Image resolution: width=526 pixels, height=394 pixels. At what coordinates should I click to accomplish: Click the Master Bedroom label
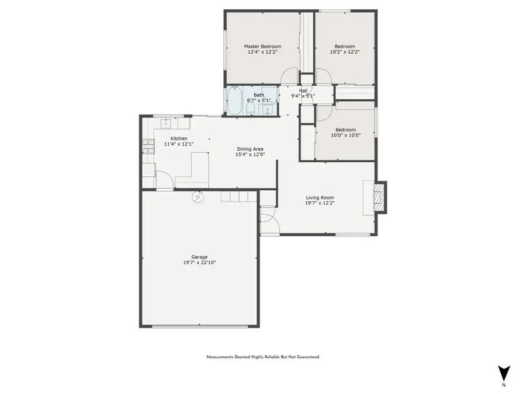click(x=262, y=46)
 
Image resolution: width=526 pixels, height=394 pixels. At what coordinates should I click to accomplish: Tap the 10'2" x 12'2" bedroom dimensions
click(x=344, y=52)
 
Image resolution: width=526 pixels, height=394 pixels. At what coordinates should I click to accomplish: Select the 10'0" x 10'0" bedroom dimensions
click(x=345, y=135)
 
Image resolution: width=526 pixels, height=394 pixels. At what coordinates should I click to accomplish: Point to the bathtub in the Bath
click(x=235, y=100)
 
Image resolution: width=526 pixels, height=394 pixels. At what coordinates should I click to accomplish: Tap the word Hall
click(x=303, y=90)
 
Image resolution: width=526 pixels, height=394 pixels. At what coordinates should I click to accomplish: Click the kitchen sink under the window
click(x=167, y=123)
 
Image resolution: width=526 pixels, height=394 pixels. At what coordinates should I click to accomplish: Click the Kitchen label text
click(x=178, y=138)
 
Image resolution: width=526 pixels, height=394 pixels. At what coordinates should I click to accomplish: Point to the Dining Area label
click(x=250, y=149)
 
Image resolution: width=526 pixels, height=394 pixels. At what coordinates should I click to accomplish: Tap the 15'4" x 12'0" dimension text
click(x=250, y=155)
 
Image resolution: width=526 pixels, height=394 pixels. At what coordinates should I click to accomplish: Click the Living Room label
click(x=320, y=198)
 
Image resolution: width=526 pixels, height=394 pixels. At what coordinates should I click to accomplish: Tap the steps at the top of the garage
click(x=238, y=197)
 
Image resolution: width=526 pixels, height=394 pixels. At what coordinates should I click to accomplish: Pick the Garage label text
click(x=199, y=257)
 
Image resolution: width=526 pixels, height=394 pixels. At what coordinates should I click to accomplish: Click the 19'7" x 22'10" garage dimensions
click(x=199, y=263)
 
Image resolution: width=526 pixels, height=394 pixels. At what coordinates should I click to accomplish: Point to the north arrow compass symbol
click(x=504, y=373)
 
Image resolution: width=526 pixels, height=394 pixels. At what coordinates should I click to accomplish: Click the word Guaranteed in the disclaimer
click(x=308, y=357)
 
